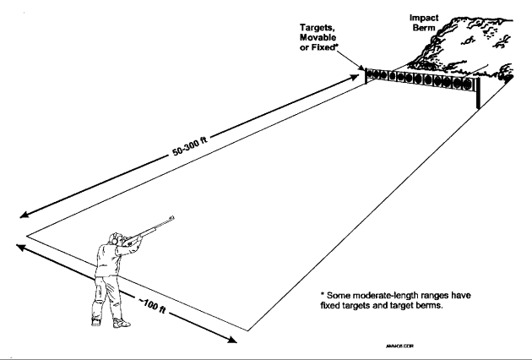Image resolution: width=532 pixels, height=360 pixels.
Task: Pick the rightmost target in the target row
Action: [x=469, y=84]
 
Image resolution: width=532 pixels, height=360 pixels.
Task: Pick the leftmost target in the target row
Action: [x=372, y=74]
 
